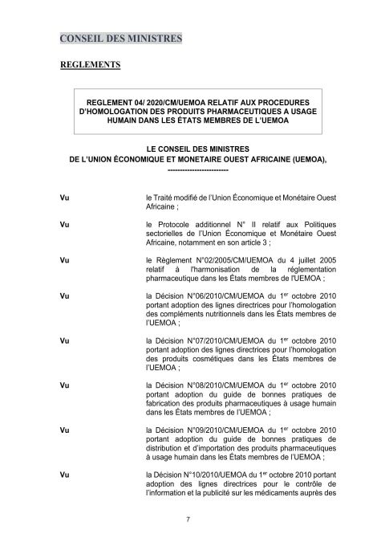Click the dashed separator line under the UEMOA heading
[x=198, y=171]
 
